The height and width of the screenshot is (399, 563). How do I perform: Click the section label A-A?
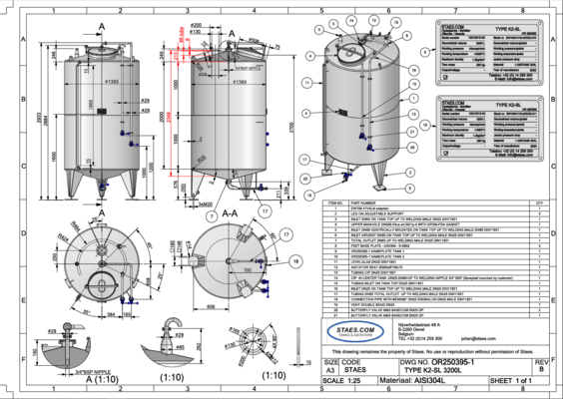228,211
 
